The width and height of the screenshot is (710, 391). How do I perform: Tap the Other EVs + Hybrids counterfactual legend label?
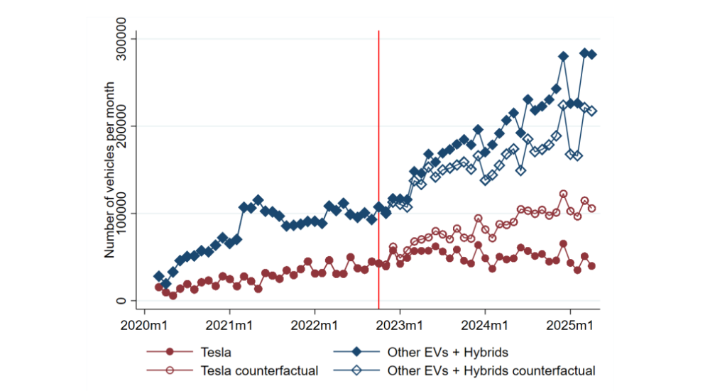coord(491,370)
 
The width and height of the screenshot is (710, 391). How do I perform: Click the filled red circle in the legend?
coord(170,352)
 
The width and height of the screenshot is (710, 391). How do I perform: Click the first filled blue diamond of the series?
coord(159,276)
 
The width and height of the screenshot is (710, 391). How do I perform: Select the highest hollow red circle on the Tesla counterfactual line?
coord(563,194)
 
